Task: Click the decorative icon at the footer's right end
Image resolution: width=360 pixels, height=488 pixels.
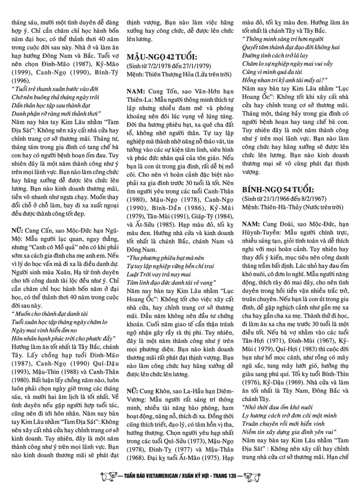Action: coord(253,479)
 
